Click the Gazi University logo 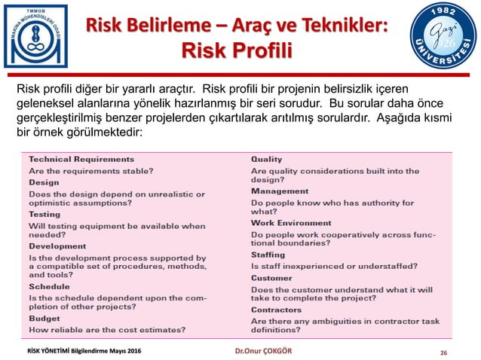pyautogui.click(x=443, y=38)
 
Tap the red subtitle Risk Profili pyautogui.click(x=237, y=50)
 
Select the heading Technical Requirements pyautogui.click(x=81, y=160)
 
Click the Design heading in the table pyautogui.click(x=44, y=182)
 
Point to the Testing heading pyautogui.click(x=44, y=215)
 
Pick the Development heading pyautogui.click(x=57, y=246)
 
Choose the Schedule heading pyautogui.click(x=49, y=287)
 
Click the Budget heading pyautogui.click(x=44, y=319)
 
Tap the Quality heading pyautogui.click(x=266, y=160)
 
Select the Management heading pyautogui.click(x=280, y=192)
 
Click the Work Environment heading pyautogui.click(x=291, y=224)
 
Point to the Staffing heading pyautogui.click(x=268, y=255)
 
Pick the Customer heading pyautogui.click(x=271, y=278)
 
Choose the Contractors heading pyautogui.click(x=276, y=310)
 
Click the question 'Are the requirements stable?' pyautogui.click(x=91, y=171)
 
